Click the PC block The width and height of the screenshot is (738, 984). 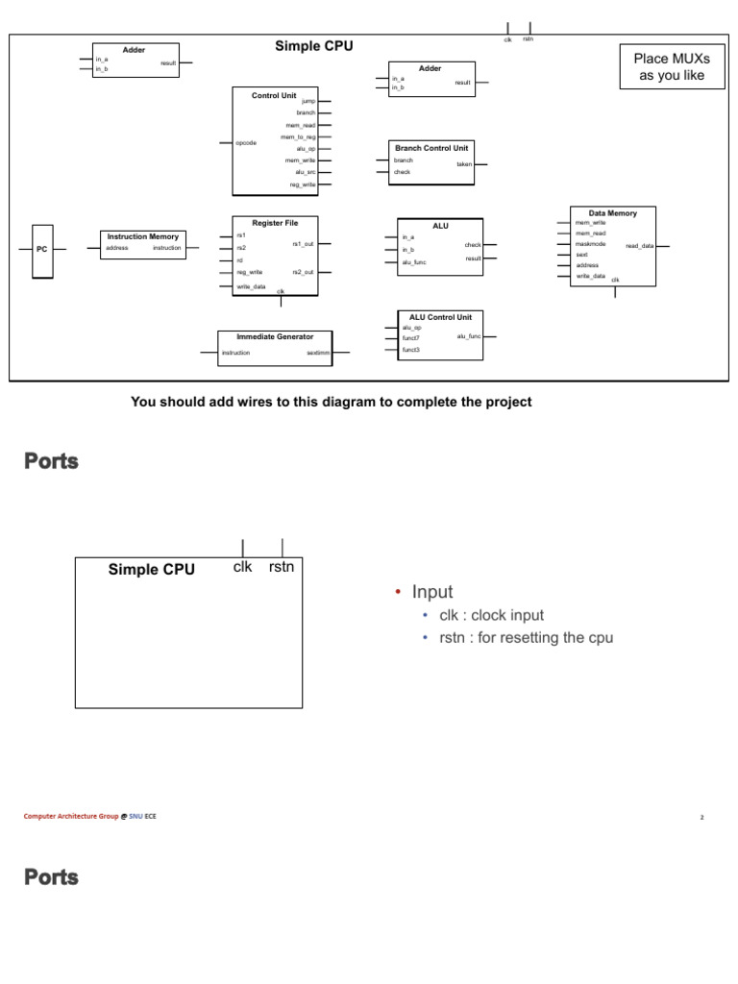(x=41, y=249)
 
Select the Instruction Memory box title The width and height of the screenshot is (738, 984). (x=143, y=236)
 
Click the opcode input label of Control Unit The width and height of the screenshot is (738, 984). (x=246, y=143)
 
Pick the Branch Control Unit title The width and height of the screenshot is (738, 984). (x=431, y=148)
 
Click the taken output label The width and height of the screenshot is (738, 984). (x=464, y=164)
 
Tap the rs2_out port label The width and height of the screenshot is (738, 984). (x=303, y=272)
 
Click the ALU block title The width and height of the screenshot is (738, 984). (x=440, y=226)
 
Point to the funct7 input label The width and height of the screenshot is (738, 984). (x=411, y=338)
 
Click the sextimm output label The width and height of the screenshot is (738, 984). (x=318, y=354)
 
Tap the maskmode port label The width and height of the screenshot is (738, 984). (x=590, y=244)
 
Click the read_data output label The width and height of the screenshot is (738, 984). (x=639, y=246)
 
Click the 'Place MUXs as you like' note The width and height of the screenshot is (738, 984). (x=672, y=67)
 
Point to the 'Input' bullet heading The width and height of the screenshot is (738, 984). (x=432, y=592)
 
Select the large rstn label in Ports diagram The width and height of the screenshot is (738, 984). (x=283, y=567)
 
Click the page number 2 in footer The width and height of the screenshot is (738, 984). (x=702, y=818)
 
